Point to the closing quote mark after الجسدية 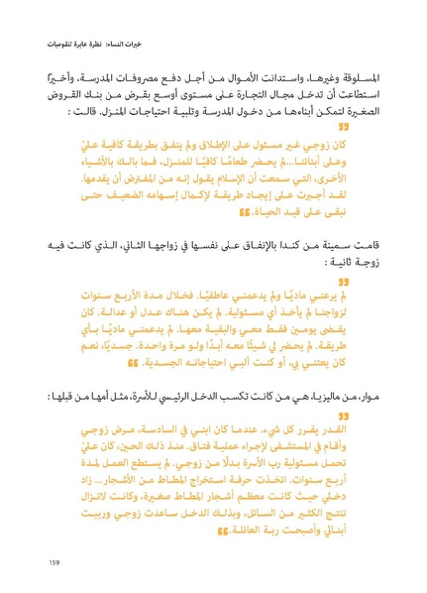(x=145, y=364)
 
